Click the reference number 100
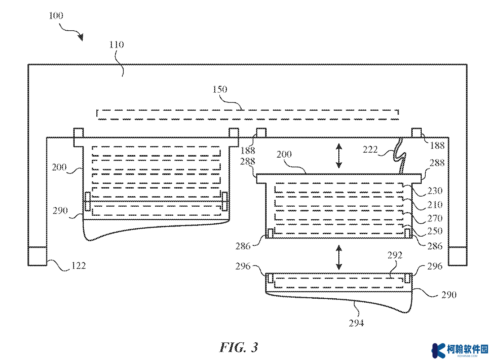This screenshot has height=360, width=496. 56,16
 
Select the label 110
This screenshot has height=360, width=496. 117,45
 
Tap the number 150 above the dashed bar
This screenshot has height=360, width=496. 220,89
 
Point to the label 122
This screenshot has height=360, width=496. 78,266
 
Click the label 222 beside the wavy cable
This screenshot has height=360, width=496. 370,150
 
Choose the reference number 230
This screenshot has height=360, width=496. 435,191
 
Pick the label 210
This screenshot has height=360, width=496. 435,205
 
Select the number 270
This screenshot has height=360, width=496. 435,219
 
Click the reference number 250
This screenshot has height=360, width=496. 435,231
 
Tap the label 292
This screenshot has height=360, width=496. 395,255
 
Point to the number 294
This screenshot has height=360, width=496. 356,323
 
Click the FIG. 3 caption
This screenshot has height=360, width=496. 239,347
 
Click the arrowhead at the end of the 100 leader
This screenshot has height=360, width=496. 81,38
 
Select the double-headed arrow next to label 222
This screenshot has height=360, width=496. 339,155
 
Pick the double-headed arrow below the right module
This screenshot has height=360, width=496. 339,257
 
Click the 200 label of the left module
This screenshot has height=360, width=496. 59,167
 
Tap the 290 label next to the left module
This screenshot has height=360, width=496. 60,211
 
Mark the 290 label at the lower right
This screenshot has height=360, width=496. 449,295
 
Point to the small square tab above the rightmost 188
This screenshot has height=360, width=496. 416,133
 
